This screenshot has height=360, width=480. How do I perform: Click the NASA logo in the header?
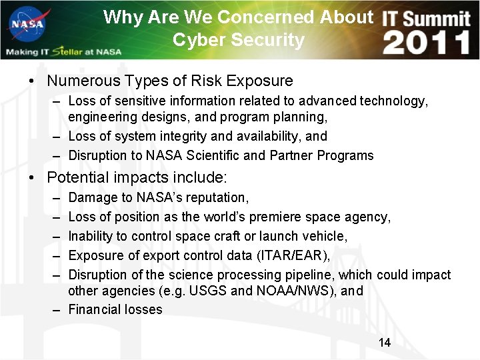tap(27, 25)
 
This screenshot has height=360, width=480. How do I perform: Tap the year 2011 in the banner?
tap(427, 43)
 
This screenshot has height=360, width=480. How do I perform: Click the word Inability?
tap(90, 237)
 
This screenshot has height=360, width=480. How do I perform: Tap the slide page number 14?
tap(384, 343)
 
